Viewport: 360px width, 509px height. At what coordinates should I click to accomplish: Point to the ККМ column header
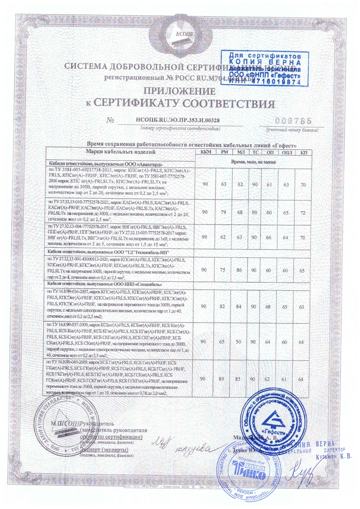tap(205, 152)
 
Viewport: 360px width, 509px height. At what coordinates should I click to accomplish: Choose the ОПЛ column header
tap(287, 152)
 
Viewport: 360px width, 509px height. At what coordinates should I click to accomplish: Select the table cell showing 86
tap(240, 270)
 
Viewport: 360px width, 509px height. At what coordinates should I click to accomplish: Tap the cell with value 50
tap(240, 340)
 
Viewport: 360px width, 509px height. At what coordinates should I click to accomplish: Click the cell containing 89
tap(224, 378)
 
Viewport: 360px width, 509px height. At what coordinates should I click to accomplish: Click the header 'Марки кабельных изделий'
tap(121, 152)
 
